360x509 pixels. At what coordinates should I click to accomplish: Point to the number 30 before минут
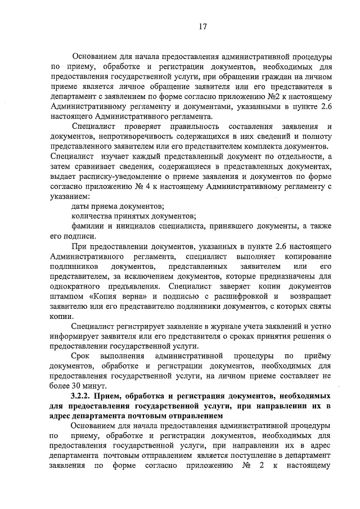point(77,386)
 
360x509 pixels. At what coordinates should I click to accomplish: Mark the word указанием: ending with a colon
point(70,197)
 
